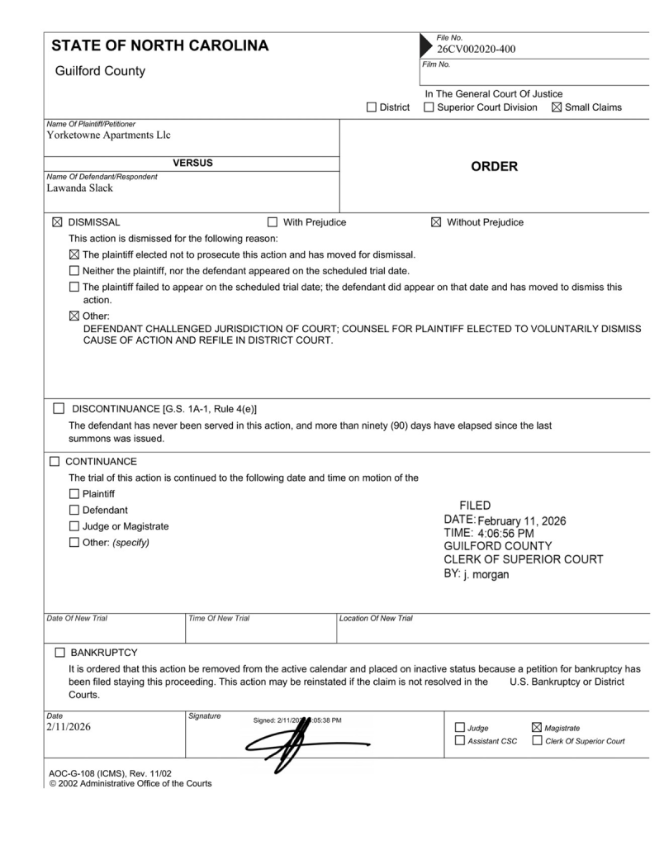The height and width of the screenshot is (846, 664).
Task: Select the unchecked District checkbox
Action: coord(371,107)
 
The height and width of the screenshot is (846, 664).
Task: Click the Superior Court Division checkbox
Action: coord(429,107)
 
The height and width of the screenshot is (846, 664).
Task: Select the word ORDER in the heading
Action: coord(494,167)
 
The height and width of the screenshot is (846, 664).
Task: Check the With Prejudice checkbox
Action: coord(273,222)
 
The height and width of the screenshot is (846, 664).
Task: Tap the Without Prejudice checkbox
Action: coord(436,222)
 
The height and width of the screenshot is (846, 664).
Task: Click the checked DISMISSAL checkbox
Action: coord(57,222)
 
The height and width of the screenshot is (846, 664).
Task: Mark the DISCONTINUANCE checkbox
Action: coord(59,408)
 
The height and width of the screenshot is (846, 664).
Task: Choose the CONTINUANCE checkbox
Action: coord(57,462)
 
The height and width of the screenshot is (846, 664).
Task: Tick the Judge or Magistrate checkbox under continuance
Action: coord(75,526)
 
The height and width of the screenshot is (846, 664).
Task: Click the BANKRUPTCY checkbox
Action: coord(59,653)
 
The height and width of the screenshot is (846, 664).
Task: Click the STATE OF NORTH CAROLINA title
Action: coord(160,46)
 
